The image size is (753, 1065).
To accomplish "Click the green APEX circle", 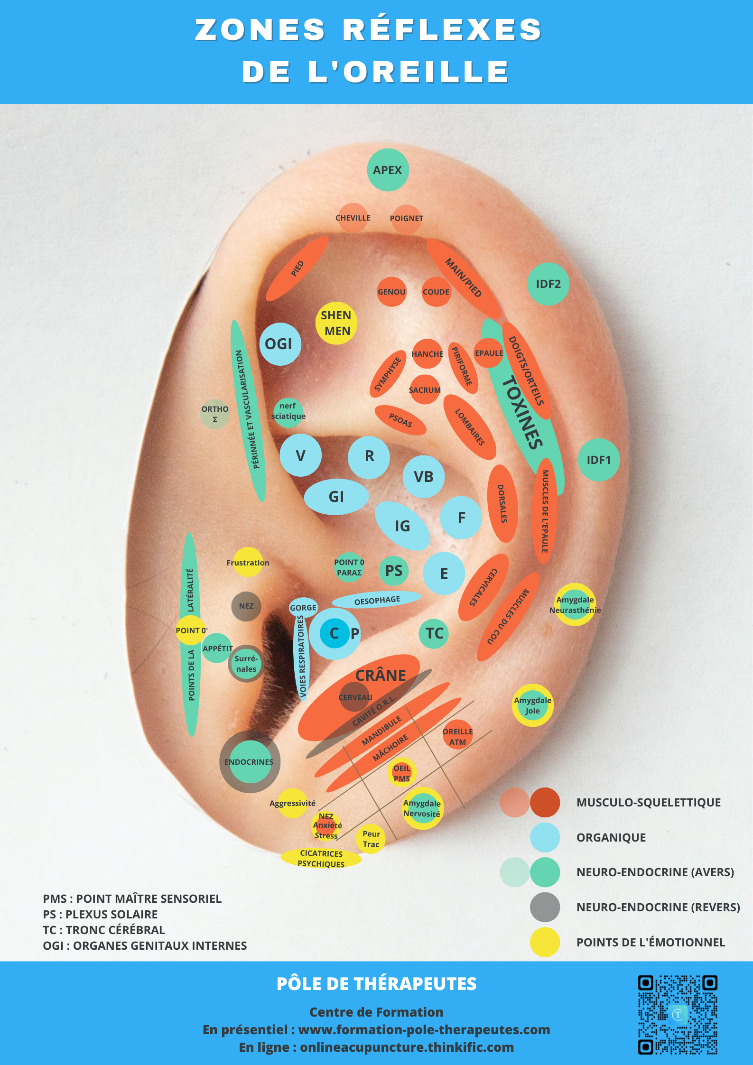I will coord(388,170).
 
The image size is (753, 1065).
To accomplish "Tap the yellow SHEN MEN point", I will coord(336,323).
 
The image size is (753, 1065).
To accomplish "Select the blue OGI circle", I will coord(280,344).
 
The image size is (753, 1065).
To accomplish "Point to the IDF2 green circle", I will coord(548,284).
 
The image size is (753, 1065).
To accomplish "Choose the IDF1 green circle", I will coord(598,460).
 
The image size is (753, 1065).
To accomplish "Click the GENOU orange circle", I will coord(391,292).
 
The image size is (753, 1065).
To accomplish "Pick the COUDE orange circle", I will coord(436,292).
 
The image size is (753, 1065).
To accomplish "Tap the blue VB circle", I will coord(424,476).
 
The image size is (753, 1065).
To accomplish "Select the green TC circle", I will coord(434,633).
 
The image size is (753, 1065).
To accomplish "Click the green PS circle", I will coord(394,571).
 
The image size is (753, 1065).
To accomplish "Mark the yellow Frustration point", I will coord(248,562).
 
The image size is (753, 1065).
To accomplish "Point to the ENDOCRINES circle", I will coord(250,762).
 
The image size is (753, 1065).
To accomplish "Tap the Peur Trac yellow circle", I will coord(371,839).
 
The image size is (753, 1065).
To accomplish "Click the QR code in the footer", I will coord(677,1014).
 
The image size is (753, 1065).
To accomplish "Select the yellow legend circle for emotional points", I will coord(545,942).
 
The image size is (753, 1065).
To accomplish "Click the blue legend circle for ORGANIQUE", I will coord(545,837).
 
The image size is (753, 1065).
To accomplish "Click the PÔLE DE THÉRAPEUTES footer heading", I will coord(376,984).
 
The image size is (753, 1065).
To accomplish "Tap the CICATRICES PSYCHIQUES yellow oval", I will coord(321,858).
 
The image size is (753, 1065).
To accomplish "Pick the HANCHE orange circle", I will coord(427,354).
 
